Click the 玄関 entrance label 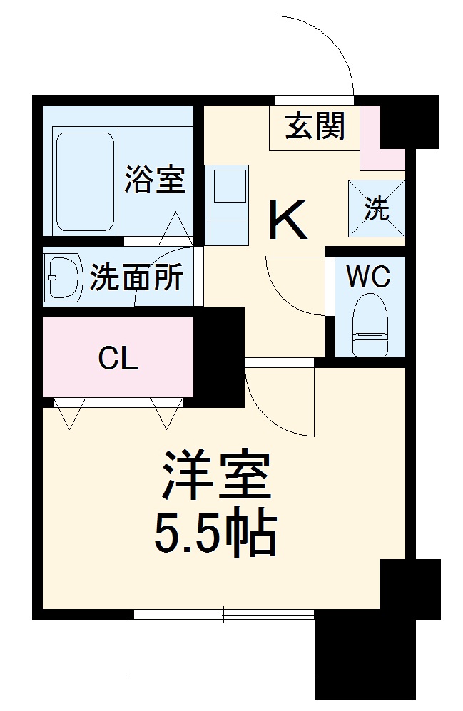[315, 127]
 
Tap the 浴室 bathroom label [155, 179]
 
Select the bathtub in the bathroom [84, 181]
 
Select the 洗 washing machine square [377, 208]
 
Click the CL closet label [118, 359]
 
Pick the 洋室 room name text [216, 477]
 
